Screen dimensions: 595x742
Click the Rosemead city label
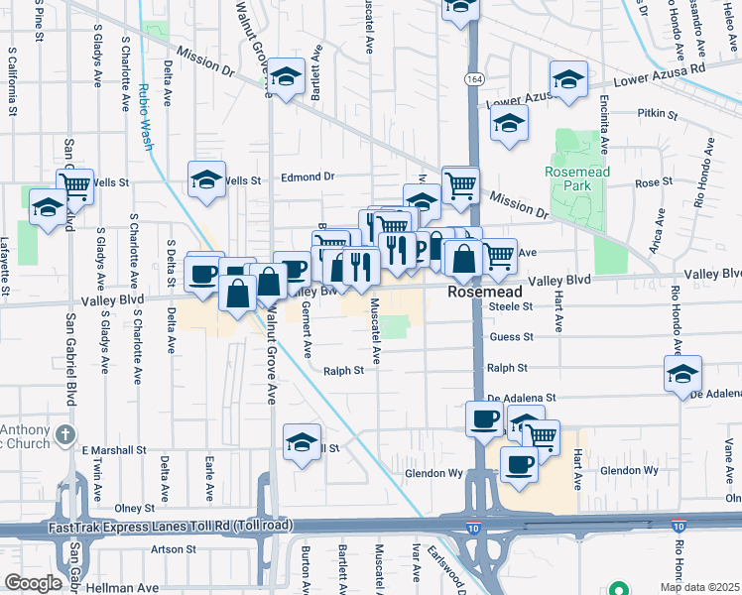pos(484,293)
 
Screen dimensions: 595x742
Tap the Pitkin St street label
pos(657,115)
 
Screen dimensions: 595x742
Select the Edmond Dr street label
pos(308,178)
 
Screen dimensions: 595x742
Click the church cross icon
pos(65,434)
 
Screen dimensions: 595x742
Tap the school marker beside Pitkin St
pos(509,124)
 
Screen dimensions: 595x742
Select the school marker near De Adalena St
pos(682,374)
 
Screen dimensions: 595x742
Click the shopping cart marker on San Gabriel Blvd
pos(74,184)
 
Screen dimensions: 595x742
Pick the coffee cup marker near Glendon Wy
pos(519,463)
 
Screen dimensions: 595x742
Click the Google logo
pos(33,583)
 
